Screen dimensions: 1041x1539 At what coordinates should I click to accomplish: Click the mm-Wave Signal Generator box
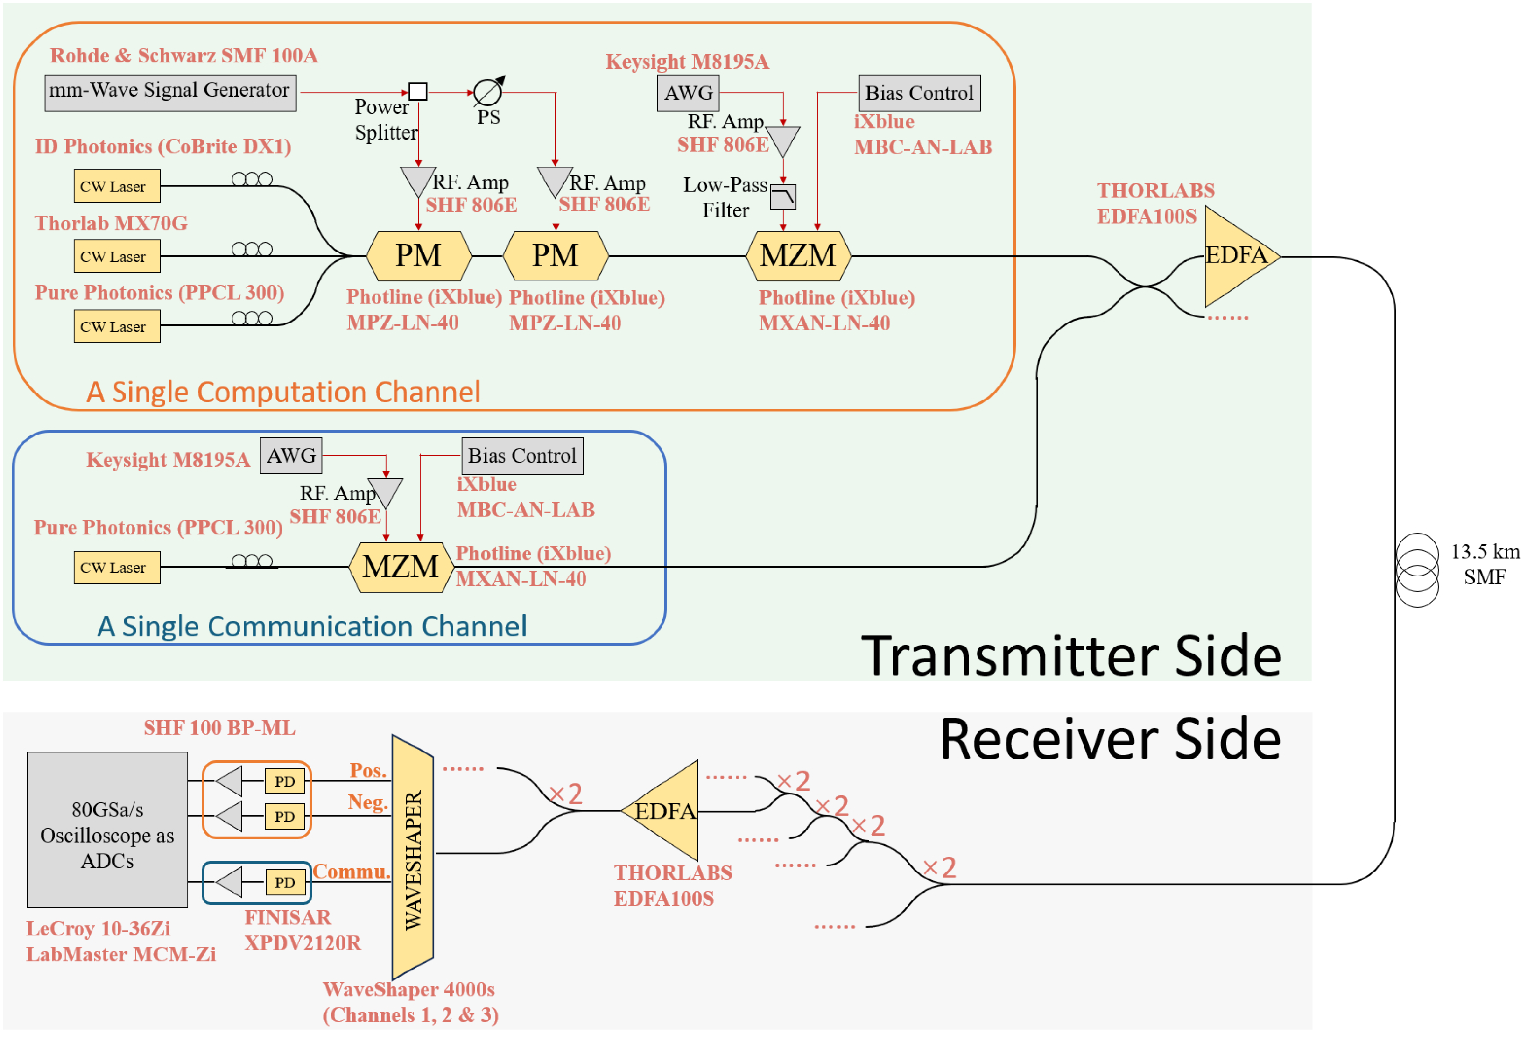(170, 92)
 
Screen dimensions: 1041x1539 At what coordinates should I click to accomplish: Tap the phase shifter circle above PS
(488, 92)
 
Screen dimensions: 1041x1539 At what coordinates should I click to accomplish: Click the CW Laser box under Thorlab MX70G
(116, 256)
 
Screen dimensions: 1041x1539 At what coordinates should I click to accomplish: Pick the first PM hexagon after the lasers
(418, 256)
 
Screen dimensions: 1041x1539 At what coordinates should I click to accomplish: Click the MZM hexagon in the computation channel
(798, 256)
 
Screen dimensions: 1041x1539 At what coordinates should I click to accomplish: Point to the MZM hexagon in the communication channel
(401, 567)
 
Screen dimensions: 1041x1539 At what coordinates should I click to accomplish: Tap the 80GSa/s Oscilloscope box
(107, 830)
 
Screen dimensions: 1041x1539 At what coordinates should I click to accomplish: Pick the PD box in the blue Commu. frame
(285, 882)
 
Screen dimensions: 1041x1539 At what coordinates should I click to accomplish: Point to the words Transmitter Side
(1071, 657)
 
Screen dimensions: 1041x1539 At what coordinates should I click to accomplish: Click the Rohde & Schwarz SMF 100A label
(183, 56)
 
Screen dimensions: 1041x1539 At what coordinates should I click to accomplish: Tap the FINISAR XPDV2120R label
(302, 929)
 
